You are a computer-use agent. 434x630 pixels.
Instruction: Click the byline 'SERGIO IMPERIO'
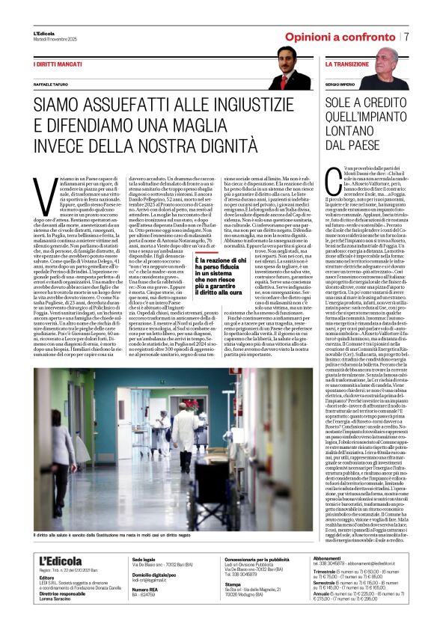[x=342, y=88]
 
